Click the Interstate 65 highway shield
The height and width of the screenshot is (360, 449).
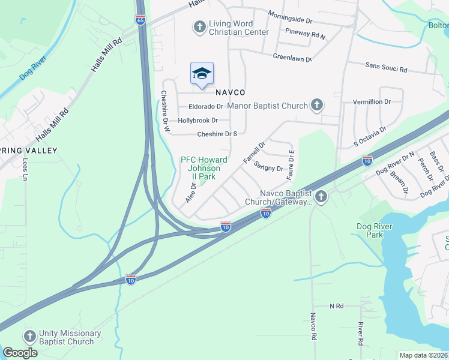pyautogui.click(x=140, y=20)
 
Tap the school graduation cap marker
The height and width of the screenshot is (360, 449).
pyautogui.click(x=202, y=74)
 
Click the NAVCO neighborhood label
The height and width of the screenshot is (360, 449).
pyautogui.click(x=231, y=92)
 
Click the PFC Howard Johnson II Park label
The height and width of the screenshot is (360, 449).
pyautogui.click(x=204, y=169)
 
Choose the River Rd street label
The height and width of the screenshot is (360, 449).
pyautogui.click(x=361, y=333)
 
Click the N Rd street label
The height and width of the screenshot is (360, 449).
pyautogui.click(x=336, y=306)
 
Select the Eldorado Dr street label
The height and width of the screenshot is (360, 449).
pyautogui.click(x=206, y=107)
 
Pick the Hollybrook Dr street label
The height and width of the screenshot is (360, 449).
pyautogui.click(x=197, y=121)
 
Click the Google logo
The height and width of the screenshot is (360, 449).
pyautogui.click(x=20, y=353)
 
